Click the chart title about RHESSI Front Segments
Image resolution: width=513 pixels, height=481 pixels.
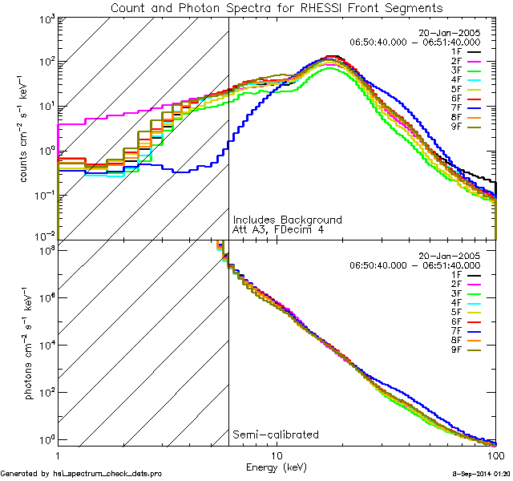(x=277, y=8)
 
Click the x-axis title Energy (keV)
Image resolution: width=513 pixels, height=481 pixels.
(x=277, y=467)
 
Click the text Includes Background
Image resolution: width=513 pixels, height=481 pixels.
(x=287, y=220)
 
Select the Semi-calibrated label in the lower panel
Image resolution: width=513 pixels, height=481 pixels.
(x=275, y=435)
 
